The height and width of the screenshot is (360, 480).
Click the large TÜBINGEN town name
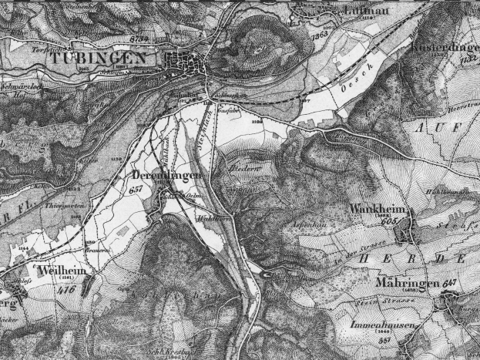pyautogui.click(x=97, y=58)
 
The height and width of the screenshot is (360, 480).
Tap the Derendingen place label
pyautogui.click(x=163, y=176)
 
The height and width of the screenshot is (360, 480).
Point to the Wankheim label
pyautogui.click(x=379, y=209)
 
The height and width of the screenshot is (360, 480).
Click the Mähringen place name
pyautogui.click(x=408, y=284)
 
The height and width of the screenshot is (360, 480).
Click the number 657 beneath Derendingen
pyautogui.click(x=138, y=189)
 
